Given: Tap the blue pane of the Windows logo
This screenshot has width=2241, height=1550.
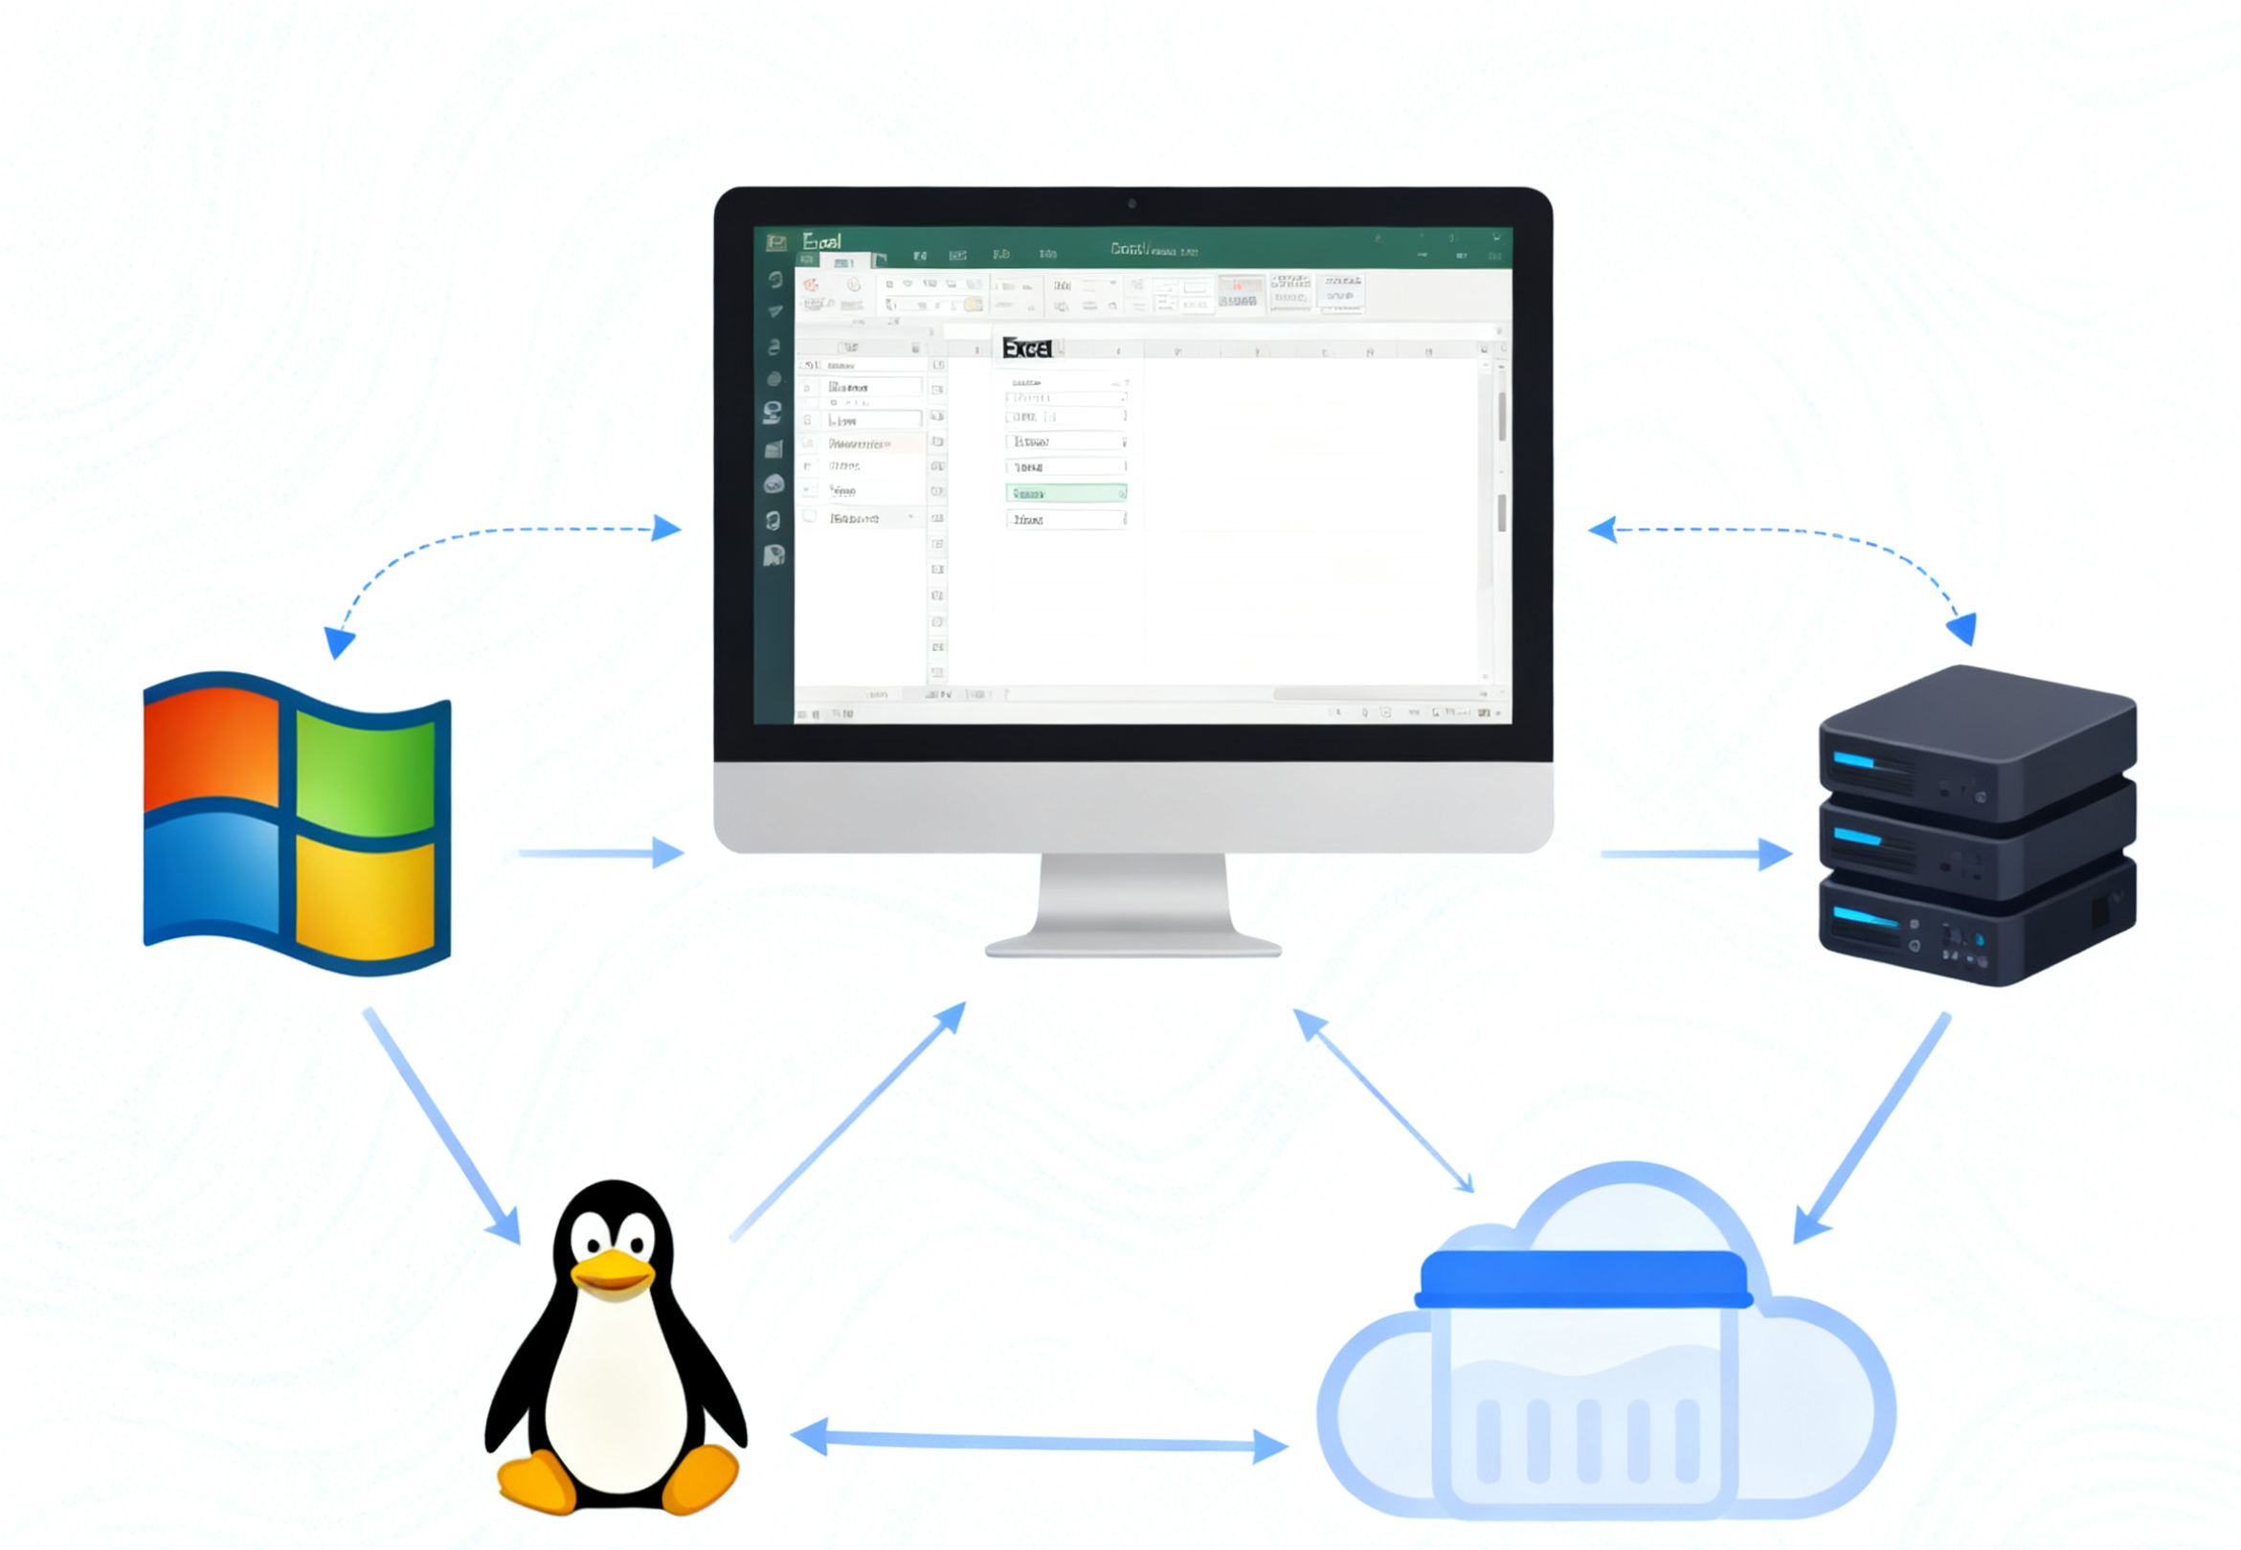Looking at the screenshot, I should click(x=210, y=878).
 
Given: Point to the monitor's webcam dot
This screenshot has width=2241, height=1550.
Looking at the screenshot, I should click(x=1132, y=204).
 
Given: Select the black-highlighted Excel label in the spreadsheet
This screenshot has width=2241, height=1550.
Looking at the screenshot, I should click(x=1026, y=348).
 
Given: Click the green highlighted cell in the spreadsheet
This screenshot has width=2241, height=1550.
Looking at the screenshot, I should click(x=1065, y=493).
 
